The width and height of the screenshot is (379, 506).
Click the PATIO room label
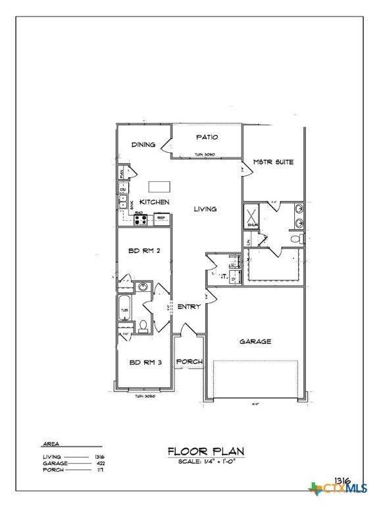207,137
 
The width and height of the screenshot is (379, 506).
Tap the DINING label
143,145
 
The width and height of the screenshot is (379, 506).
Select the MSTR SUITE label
273,161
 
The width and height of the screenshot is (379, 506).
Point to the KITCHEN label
154,202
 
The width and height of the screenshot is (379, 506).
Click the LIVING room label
205,209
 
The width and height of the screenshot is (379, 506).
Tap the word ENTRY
189,306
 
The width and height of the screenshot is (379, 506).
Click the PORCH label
189,362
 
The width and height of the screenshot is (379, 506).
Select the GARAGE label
255,341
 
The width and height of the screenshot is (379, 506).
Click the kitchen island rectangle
157,186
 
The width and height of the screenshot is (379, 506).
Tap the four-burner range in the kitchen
141,220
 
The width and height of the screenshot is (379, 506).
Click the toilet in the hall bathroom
142,325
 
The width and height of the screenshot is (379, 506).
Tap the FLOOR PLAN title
206,451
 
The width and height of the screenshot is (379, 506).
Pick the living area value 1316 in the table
100,457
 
